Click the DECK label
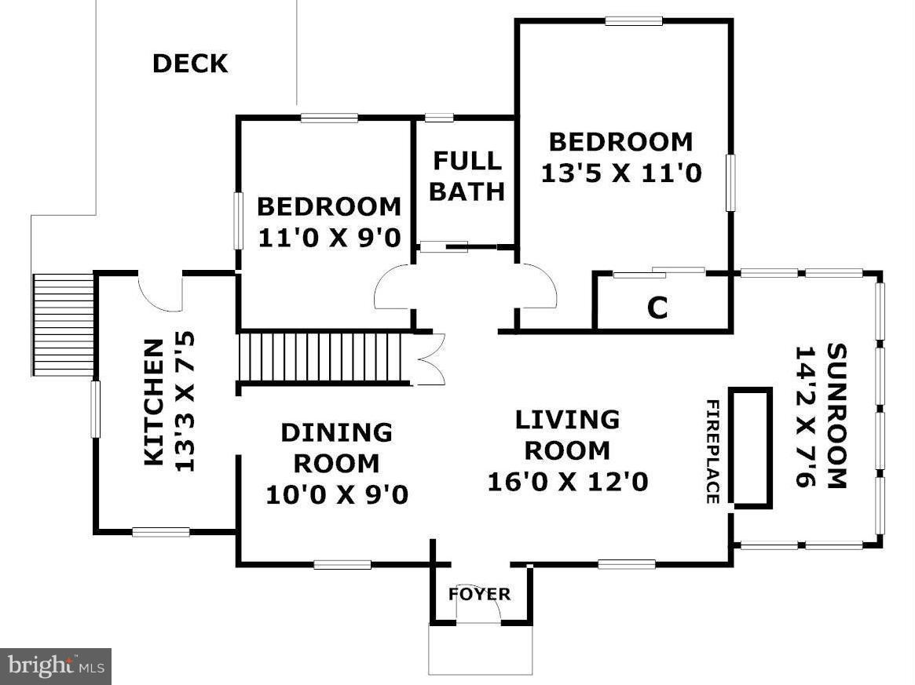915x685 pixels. coord(190,64)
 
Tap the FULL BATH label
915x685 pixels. coord(467,176)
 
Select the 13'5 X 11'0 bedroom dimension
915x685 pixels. coord(620,173)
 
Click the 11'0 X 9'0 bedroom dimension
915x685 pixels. coord(329,237)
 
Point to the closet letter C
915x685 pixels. coord(657,309)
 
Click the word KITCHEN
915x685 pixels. coord(155,402)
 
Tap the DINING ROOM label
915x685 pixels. coord(336,447)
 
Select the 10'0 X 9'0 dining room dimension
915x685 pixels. coord(336,495)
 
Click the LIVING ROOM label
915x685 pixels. coord(567,435)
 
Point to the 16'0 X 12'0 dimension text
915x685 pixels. coord(567,481)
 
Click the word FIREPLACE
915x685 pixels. coord(712,451)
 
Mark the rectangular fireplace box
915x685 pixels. coord(751,446)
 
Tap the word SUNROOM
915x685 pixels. coord(836,416)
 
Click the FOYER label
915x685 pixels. coord(479,594)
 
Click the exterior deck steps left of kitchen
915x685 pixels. coord(63,324)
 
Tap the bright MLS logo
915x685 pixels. coord(55,666)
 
